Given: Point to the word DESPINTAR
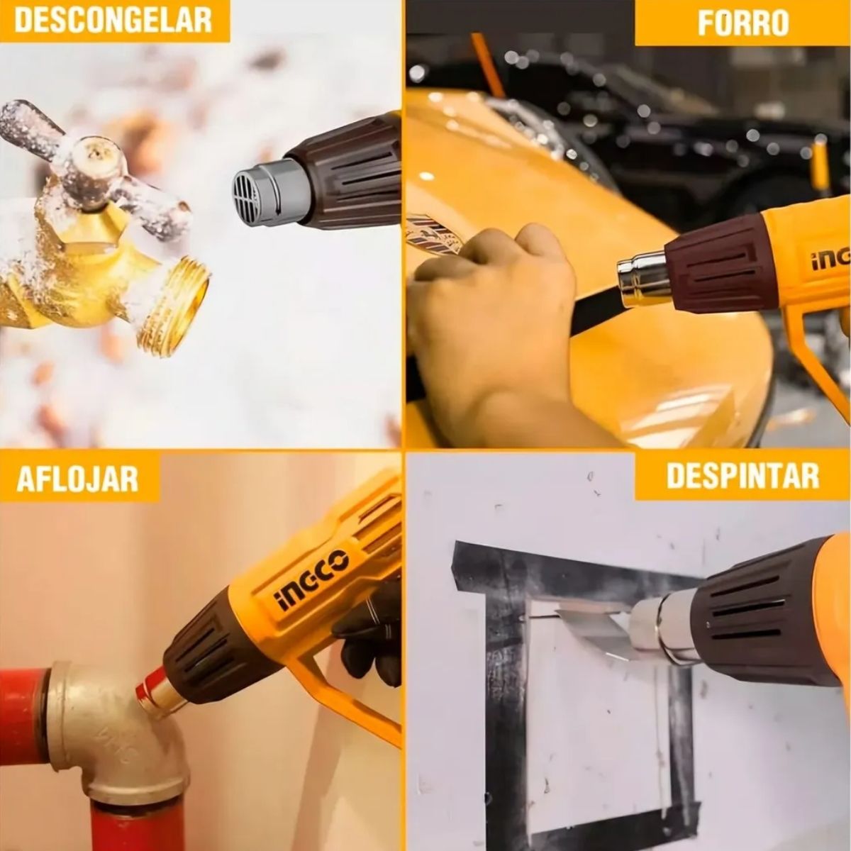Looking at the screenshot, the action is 742,475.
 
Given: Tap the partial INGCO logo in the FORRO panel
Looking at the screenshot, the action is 830,260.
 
